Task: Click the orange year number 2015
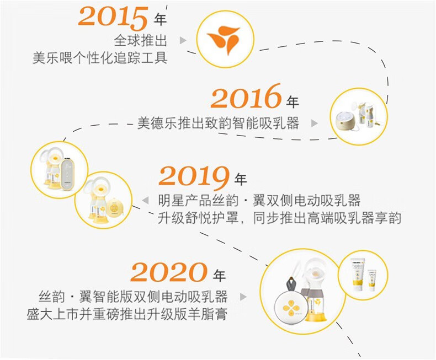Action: pos(113,17)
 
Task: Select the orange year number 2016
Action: pos(246,96)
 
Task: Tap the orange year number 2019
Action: pos(194,177)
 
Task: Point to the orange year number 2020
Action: pos(169,272)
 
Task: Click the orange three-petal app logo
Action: pos(224,39)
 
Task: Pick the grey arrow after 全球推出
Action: pos(183,41)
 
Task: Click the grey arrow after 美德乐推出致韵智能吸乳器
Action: pos(314,123)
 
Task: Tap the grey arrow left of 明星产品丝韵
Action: pos(145,200)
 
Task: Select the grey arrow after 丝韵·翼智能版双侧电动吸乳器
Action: pos(243,297)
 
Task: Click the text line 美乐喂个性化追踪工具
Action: pos(100,58)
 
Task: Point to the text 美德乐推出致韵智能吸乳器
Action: pos(219,123)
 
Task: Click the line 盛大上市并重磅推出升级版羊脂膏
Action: pos(127,314)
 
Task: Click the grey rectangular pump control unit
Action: pos(67,175)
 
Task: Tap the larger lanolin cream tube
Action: pos(357,274)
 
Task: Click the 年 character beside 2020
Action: pos(219,276)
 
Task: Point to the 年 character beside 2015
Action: pos(160,19)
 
